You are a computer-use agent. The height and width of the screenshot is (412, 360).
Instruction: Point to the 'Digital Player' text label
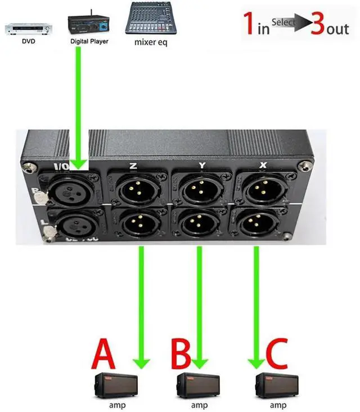[x=89, y=41]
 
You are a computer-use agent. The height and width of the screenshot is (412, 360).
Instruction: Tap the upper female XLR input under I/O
[x=71, y=191]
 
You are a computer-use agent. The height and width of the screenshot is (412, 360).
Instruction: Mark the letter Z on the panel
[x=133, y=166]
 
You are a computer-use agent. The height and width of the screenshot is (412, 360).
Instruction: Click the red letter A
[x=104, y=353]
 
